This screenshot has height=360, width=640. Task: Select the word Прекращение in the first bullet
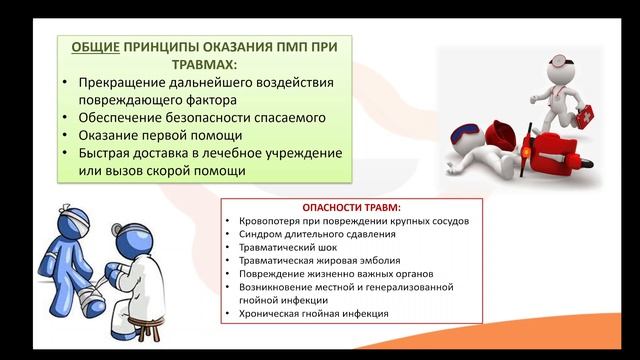(122, 82)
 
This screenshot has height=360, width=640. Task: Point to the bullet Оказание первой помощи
(160, 136)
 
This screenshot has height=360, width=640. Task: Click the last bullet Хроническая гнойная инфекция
(313, 313)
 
